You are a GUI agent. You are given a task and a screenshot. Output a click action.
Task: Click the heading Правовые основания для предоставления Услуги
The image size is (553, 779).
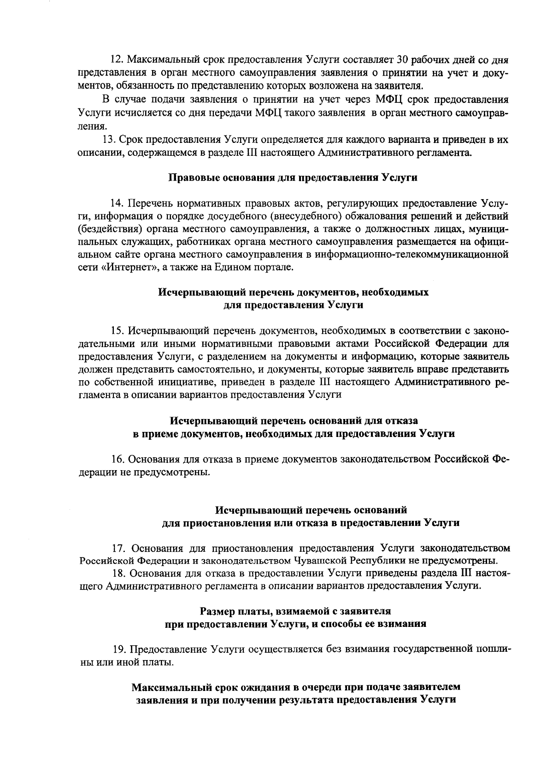pyautogui.click(x=293, y=178)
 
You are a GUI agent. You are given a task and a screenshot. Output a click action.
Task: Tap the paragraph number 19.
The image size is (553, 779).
pyautogui.click(x=119, y=650)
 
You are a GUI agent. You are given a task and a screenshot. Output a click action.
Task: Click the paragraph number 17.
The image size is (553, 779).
pyautogui.click(x=119, y=548)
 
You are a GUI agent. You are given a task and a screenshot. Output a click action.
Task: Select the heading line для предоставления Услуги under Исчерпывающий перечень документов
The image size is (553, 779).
pyautogui.click(x=293, y=305)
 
